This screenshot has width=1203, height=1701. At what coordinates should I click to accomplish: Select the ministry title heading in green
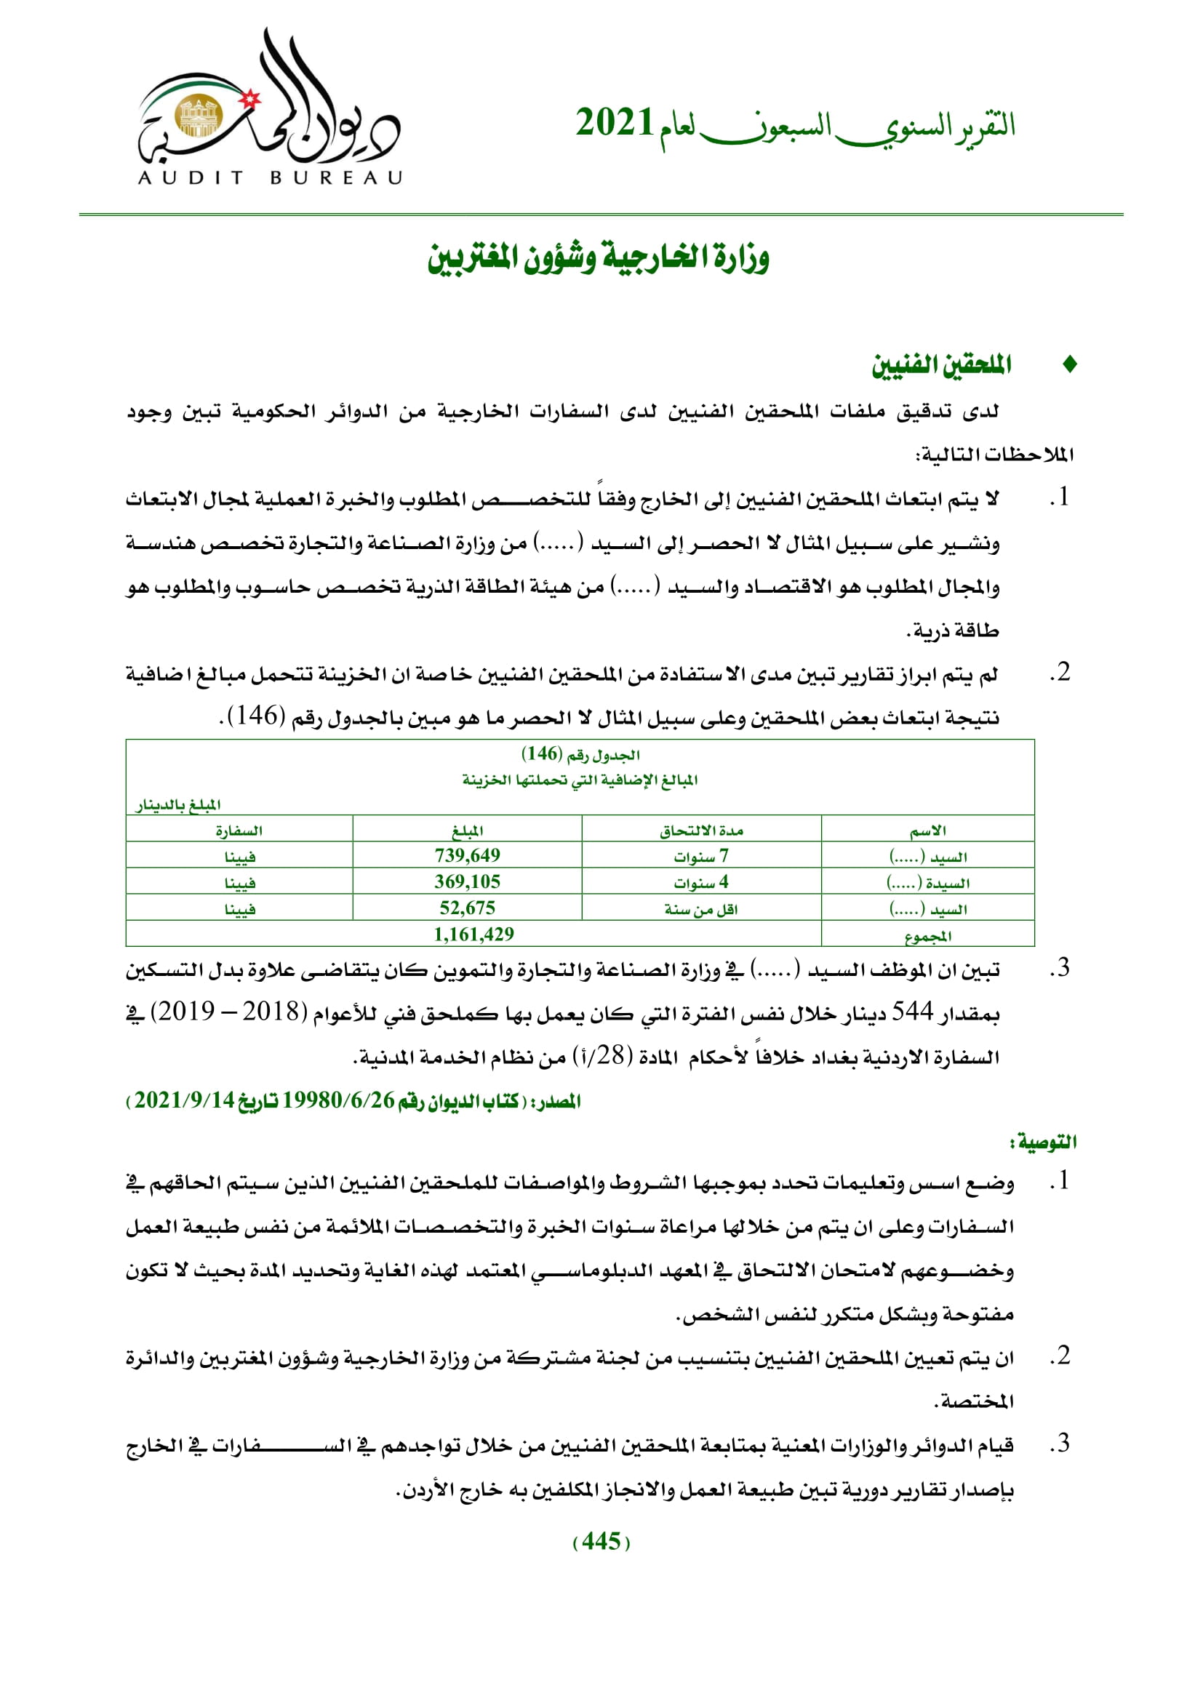click(x=598, y=257)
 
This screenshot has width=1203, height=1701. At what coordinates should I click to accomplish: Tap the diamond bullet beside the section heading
click(x=1069, y=364)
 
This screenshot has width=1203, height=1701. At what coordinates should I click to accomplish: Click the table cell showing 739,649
click(x=467, y=856)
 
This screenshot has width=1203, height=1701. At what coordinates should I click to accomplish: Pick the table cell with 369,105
click(x=467, y=881)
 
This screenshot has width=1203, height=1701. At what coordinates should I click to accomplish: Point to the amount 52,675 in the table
click(x=467, y=908)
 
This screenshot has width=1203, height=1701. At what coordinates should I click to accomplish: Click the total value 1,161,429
click(x=473, y=934)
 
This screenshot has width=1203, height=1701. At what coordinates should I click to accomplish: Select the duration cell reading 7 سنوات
click(x=700, y=857)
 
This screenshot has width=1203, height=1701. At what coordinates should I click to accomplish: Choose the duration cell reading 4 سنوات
click(x=700, y=882)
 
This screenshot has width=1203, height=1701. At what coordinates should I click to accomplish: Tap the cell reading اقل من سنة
click(x=700, y=909)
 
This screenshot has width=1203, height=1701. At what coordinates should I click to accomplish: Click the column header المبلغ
click(x=468, y=831)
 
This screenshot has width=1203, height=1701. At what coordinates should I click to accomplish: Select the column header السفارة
click(x=239, y=831)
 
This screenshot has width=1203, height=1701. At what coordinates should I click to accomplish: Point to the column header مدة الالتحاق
click(x=700, y=831)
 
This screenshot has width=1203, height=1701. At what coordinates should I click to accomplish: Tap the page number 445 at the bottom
click(x=601, y=1541)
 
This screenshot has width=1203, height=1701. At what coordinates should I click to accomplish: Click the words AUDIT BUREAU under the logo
click(x=271, y=177)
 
